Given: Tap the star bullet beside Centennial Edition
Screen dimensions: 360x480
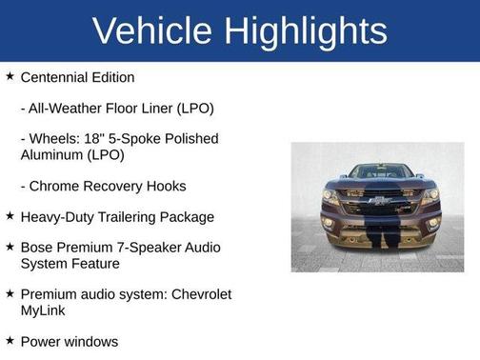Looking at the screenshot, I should click(10, 76).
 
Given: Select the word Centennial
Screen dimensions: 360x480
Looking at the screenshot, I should click(56, 77).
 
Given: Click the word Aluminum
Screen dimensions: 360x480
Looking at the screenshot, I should click(53, 154).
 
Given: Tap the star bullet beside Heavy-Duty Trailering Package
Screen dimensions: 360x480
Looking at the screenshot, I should click(10, 216).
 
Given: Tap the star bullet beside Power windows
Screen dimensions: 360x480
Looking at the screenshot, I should click(10, 340).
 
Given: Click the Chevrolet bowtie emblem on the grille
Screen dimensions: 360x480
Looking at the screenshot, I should click(378, 201).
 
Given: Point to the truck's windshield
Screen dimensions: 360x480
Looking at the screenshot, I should click(378, 172).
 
